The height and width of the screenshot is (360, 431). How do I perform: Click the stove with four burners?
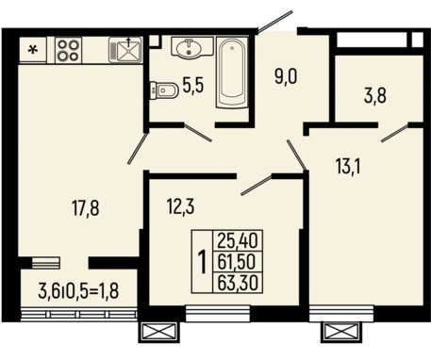[69, 50]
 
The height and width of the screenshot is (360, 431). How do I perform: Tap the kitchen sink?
[125, 50]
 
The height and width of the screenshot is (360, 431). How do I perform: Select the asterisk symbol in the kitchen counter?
[32, 50]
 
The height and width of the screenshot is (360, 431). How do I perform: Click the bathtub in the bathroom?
[232, 73]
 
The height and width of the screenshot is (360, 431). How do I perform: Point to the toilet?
[164, 90]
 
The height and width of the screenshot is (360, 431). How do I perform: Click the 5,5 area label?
[193, 86]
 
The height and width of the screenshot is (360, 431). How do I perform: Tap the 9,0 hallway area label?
[286, 77]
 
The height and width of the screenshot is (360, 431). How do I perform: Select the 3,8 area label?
[375, 96]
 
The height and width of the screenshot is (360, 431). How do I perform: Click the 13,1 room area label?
[348, 167]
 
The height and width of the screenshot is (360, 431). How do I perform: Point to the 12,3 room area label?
[180, 207]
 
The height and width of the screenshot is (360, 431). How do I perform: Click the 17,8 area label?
[86, 209]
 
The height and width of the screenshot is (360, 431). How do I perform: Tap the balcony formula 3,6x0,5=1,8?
[78, 290]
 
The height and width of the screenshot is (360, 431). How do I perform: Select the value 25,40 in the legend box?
[238, 241]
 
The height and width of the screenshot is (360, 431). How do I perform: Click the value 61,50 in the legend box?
[237, 262]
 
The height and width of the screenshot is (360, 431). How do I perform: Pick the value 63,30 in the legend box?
[238, 283]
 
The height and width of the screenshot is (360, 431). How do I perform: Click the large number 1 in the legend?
[203, 262]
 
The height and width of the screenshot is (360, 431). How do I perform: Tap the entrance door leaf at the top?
[275, 22]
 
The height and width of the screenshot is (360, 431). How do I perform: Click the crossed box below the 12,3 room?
[158, 332]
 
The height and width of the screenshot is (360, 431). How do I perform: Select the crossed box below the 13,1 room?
[341, 332]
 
